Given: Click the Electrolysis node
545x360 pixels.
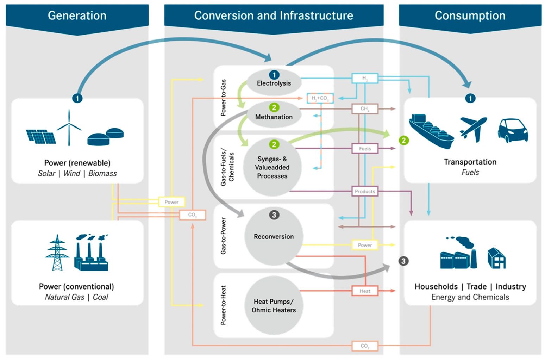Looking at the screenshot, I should tap(274, 83).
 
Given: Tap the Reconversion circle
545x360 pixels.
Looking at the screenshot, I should tap(274, 236).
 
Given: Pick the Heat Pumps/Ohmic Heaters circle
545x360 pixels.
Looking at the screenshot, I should tap(274, 305).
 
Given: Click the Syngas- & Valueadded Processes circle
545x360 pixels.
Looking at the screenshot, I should tap(272, 167).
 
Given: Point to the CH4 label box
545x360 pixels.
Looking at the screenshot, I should tap(365, 109).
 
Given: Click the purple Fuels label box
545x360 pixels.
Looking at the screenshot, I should tap(365, 149).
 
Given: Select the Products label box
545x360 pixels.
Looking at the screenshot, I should tap(365, 191).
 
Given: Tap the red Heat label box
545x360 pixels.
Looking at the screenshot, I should tap(365, 291).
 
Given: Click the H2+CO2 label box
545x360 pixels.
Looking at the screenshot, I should tap(320, 98).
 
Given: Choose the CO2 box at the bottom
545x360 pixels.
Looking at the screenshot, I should tap(365, 346).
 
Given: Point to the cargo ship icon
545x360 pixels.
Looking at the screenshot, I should tap(431, 131).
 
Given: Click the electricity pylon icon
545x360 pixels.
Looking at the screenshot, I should tap(57, 253).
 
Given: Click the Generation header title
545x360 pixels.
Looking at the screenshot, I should tap(77, 15).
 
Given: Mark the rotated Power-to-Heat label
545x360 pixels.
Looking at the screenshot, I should tap(223, 305).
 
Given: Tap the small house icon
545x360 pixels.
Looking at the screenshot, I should tap(496, 258).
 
